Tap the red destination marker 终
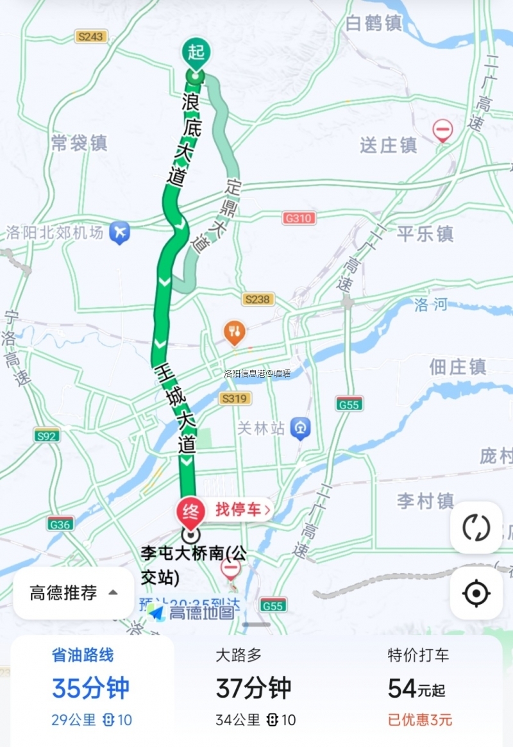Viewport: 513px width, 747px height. pyautogui.click(x=190, y=511)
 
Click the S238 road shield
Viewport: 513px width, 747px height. pyautogui.click(x=258, y=299)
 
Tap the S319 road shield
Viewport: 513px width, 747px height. pyautogui.click(x=235, y=399)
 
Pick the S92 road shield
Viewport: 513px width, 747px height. pyautogui.click(x=47, y=436)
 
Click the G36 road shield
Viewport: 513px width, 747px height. pyautogui.click(x=60, y=524)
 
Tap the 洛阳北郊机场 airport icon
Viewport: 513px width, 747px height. pyautogui.click(x=119, y=231)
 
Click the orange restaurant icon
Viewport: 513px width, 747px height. pyautogui.click(x=234, y=332)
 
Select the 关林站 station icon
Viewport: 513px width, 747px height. pyautogui.click(x=300, y=428)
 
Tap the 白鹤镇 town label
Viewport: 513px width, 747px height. pyautogui.click(x=374, y=24)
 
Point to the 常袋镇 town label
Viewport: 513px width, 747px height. pyautogui.click(x=79, y=143)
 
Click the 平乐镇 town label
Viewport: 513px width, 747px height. pyautogui.click(x=425, y=233)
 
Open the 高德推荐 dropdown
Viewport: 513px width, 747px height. pyautogui.click(x=74, y=593)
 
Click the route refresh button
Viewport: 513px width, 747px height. pyautogui.click(x=476, y=528)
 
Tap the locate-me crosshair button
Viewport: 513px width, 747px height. pyautogui.click(x=476, y=593)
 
